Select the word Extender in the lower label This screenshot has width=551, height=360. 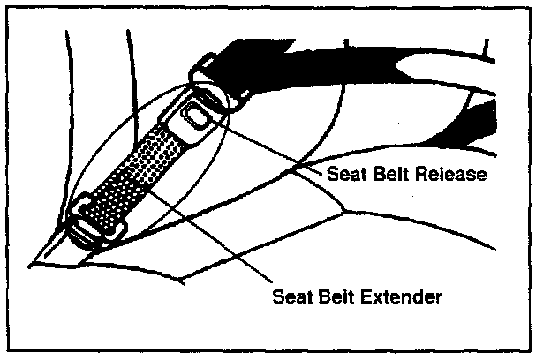(x=403, y=295)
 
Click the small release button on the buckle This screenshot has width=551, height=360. (x=196, y=113)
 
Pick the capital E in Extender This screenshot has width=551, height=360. (x=369, y=295)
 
